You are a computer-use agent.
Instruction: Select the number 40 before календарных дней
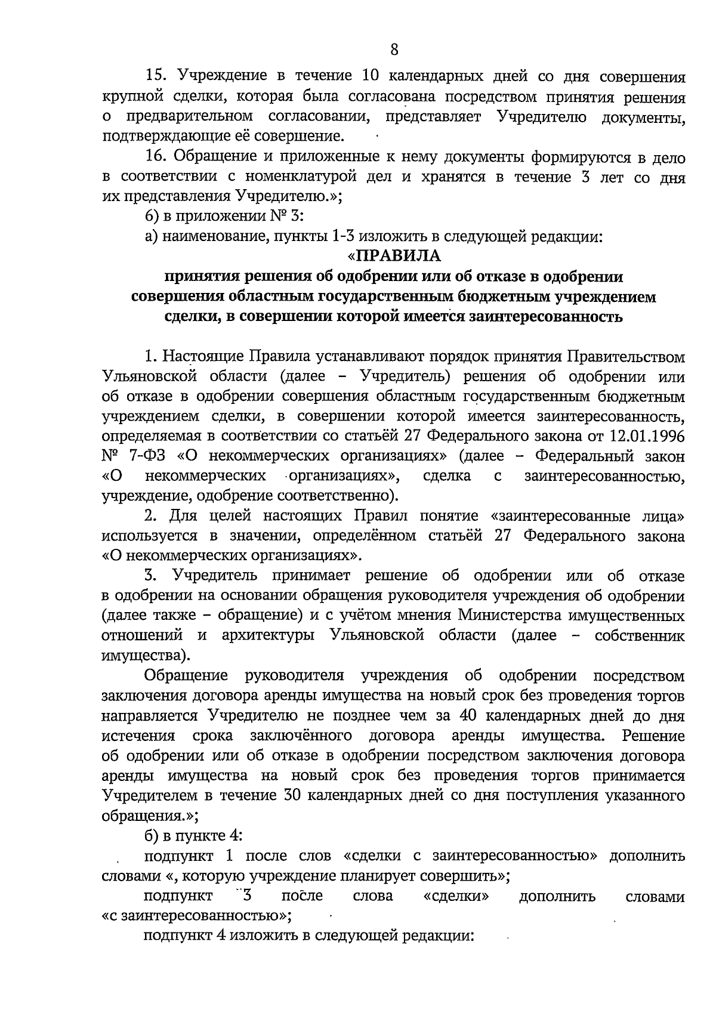(x=452, y=715)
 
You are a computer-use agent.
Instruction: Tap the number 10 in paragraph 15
(x=372, y=78)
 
